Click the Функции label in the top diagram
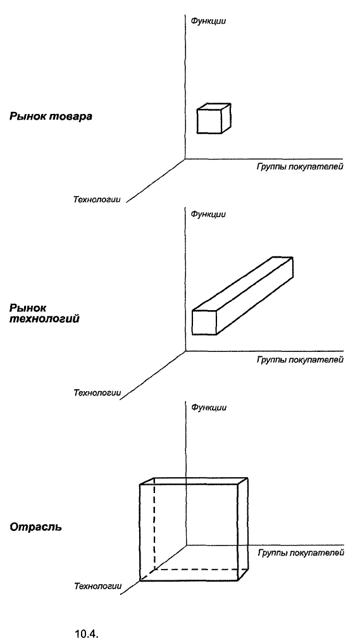208,21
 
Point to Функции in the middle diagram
208,214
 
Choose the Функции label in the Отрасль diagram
209,408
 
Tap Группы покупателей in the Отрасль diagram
301,553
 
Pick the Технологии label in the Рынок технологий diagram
97,393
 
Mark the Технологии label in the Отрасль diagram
97,586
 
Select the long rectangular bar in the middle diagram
242,296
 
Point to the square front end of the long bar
204,323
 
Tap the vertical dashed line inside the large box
154,524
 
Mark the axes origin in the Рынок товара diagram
185,159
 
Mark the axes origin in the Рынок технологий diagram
186,351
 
